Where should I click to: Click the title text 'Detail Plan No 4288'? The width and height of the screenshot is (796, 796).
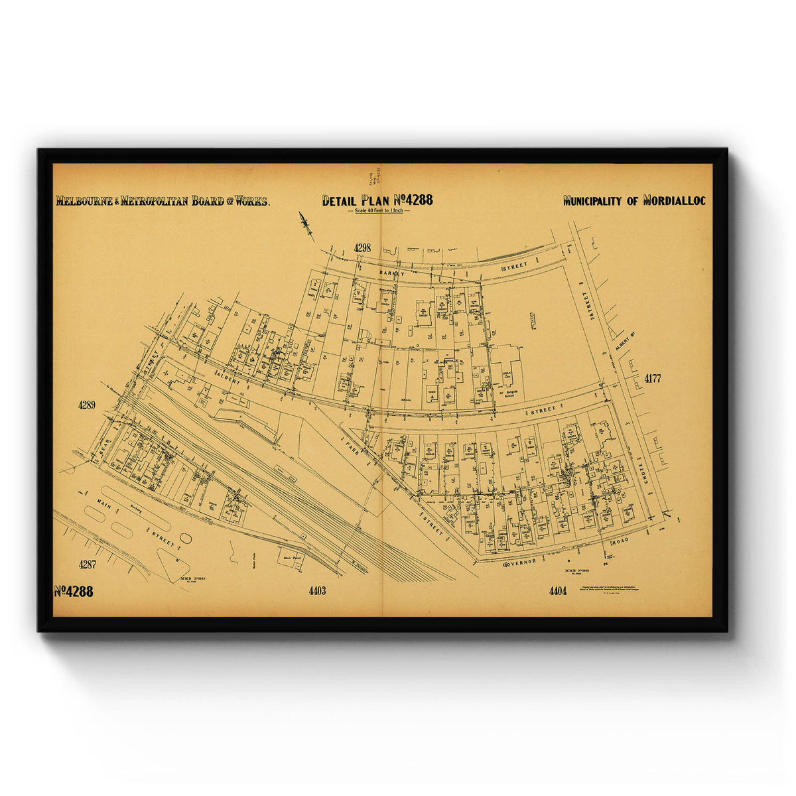point(377,200)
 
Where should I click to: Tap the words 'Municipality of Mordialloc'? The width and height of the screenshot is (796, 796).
point(634,200)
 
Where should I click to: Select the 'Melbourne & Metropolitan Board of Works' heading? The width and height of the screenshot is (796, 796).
point(163,201)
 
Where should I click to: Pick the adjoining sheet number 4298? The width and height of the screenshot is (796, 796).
point(362,247)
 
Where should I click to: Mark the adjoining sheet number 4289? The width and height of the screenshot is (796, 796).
point(87,404)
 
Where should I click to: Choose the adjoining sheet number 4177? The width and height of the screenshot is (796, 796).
point(653,379)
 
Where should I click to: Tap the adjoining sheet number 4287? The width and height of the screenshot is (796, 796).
point(88,564)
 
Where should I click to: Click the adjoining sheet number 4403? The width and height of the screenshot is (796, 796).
point(317,590)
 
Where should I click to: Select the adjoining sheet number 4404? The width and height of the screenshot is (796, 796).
point(558,590)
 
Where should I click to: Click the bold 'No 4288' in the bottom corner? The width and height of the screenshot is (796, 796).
point(74,591)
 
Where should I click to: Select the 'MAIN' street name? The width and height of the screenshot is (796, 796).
point(103,507)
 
